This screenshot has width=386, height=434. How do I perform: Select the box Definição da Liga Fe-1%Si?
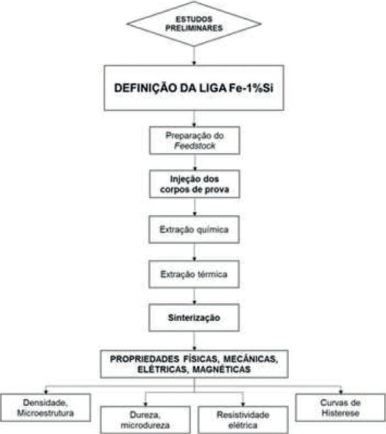[x=195, y=88]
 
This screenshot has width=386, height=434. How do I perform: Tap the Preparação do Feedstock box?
[x=195, y=140]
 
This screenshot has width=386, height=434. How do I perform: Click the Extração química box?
[x=195, y=229]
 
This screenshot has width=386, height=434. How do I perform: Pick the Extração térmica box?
[x=195, y=274]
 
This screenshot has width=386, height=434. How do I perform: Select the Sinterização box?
[x=195, y=319]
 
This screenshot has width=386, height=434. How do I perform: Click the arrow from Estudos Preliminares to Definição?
[x=195, y=55]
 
